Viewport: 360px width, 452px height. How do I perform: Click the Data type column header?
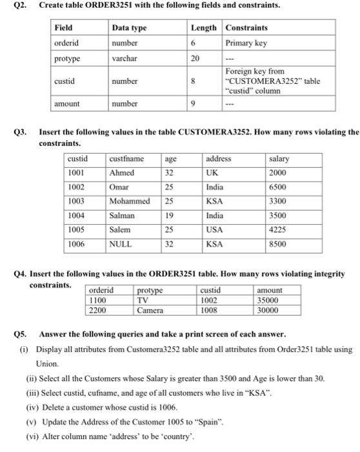[129, 28]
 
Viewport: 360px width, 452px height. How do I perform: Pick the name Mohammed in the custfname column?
[130, 201]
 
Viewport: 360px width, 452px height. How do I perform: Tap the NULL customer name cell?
[120, 244]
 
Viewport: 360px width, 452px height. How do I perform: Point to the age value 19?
[170, 215]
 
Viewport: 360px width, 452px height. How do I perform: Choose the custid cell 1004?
[77, 215]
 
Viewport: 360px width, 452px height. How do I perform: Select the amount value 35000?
[270, 300]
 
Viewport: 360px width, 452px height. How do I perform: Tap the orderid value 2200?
[97, 310]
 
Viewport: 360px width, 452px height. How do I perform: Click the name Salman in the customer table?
[122, 215]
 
